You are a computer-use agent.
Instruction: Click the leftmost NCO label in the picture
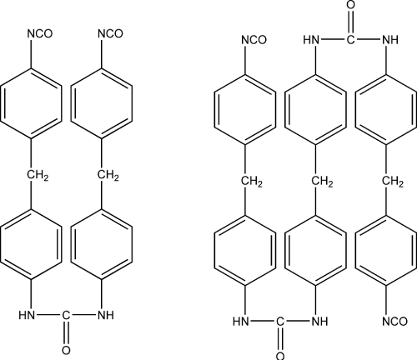[40, 33]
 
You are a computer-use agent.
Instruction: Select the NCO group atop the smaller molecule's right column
[110, 33]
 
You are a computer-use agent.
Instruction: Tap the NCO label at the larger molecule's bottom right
[394, 322]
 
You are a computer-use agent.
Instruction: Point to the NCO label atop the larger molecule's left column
[254, 40]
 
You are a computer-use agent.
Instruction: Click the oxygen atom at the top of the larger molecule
[351, 5]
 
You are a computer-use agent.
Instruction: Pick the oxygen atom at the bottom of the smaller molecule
[66, 350]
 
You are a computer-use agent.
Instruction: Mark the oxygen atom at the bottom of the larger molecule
[280, 356]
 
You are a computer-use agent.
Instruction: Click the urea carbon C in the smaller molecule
[66, 315]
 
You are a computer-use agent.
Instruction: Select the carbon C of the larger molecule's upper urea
[351, 40]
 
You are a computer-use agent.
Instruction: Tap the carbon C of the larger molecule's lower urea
[280, 322]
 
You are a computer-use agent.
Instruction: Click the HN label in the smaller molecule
[27, 315]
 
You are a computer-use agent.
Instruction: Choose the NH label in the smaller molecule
[106, 315]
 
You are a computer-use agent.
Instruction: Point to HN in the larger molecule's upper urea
[311, 40]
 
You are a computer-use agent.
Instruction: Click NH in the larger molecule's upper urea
[390, 40]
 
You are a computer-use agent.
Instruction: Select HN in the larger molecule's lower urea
[241, 322]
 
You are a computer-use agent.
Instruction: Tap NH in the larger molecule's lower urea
[320, 322]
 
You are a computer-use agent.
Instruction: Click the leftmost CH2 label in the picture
[38, 176]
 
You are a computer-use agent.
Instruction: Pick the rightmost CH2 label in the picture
[393, 182]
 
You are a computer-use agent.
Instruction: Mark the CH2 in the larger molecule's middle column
[322, 182]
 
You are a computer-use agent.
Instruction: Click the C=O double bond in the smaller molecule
[66, 332]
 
